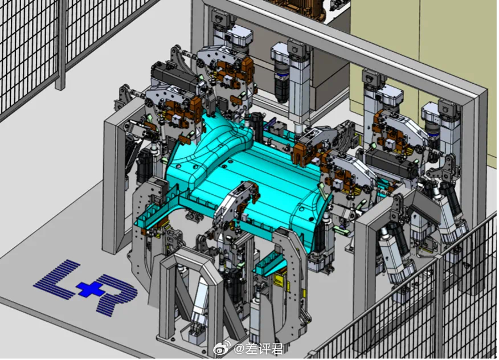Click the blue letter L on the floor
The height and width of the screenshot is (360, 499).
(58, 280)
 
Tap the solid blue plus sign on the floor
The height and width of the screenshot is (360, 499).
(86, 289)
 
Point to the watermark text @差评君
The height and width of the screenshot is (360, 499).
(259, 349)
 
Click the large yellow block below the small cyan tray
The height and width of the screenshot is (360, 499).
(280, 281)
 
